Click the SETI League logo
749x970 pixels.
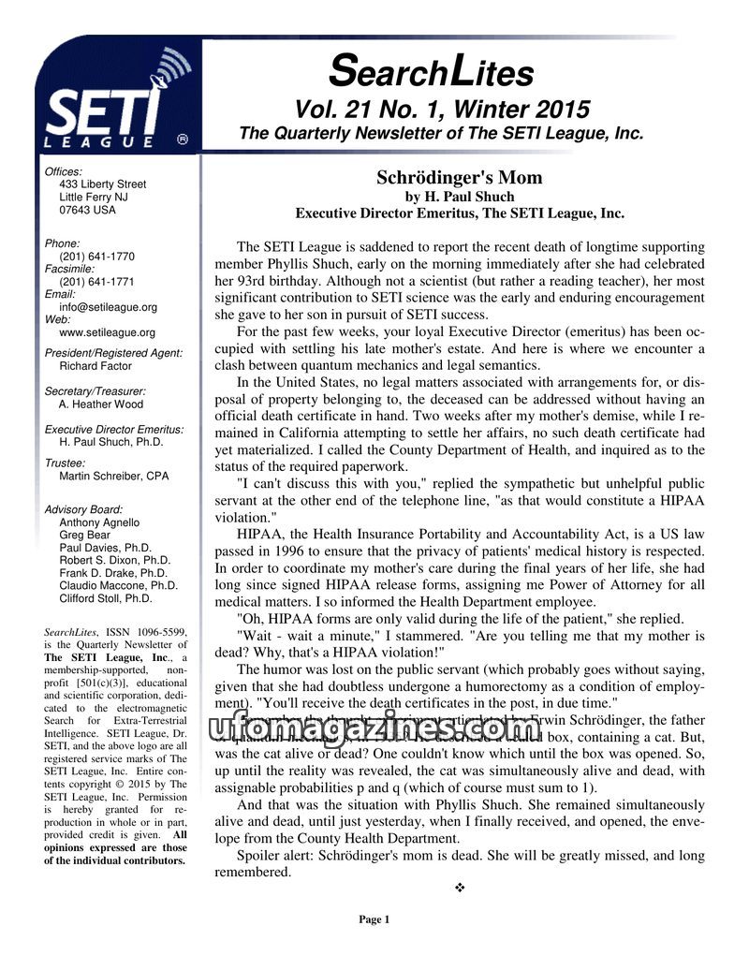pyautogui.click(x=112, y=103)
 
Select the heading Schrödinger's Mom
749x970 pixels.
pyautogui.click(x=459, y=178)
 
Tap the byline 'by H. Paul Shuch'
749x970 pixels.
pyautogui.click(x=459, y=197)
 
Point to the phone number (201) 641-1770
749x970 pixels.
pyautogui.click(x=96, y=257)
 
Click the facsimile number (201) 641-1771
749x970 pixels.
pyautogui.click(x=96, y=282)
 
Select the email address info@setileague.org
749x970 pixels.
pyautogui.click(x=108, y=307)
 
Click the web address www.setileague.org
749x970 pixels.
pyautogui.click(x=107, y=332)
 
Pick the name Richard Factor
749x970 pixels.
pyautogui.click(x=95, y=366)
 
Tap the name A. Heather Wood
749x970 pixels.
pyautogui.click(x=101, y=404)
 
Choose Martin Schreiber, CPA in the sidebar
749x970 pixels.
pyautogui.click(x=114, y=476)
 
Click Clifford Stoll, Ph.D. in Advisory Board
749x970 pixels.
pyautogui.click(x=105, y=598)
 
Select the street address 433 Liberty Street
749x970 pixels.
pyautogui.click(x=102, y=184)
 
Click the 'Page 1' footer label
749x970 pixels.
pyautogui.click(x=374, y=919)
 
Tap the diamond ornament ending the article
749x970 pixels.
pyautogui.click(x=459, y=888)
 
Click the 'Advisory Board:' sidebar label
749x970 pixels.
pyautogui.click(x=83, y=509)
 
